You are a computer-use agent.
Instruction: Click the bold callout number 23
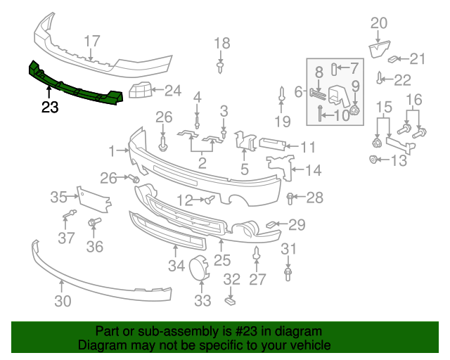(50, 107)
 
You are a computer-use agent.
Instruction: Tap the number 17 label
(92, 41)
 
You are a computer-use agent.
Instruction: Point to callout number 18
(221, 43)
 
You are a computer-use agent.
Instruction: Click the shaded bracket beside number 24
(140, 91)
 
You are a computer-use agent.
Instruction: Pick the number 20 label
(378, 23)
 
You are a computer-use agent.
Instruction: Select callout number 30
(63, 302)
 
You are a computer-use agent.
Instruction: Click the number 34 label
(176, 265)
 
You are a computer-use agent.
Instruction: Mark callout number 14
(312, 169)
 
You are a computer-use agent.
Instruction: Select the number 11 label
(308, 147)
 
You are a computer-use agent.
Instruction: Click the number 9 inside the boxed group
(355, 86)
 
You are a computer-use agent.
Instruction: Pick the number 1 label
(112, 150)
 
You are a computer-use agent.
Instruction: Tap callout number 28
(314, 197)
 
